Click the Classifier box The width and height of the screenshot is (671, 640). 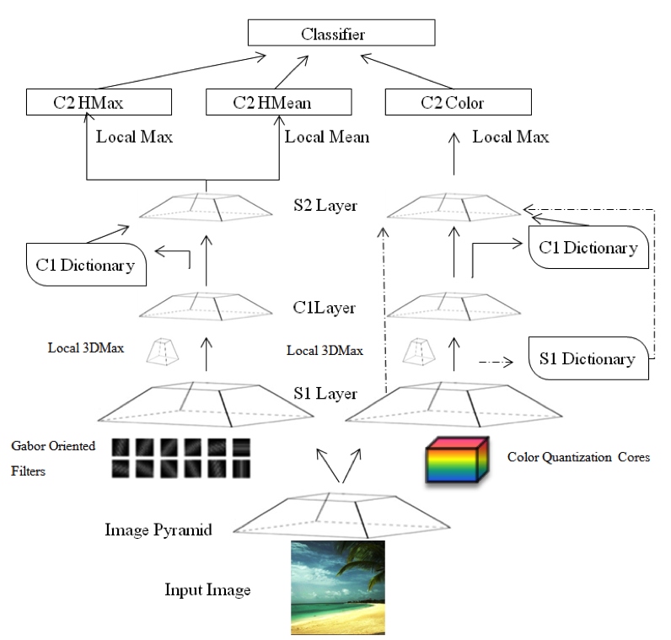click(x=341, y=35)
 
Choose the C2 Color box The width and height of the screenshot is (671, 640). click(x=458, y=103)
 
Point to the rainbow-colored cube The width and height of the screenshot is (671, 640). click(x=455, y=460)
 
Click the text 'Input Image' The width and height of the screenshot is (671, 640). click(x=207, y=589)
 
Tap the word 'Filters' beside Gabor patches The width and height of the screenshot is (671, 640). click(x=30, y=471)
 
